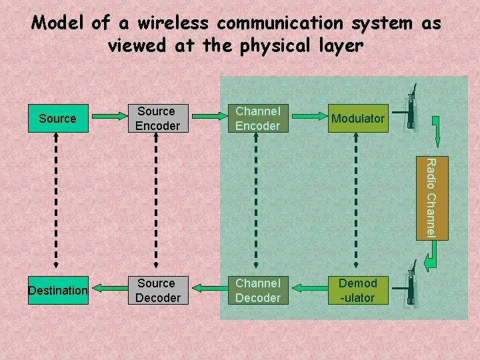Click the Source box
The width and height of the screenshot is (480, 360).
[x=57, y=119]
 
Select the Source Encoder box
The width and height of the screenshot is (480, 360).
[x=157, y=119]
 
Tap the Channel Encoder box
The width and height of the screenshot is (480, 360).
[x=257, y=119]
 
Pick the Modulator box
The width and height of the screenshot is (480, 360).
[x=357, y=119]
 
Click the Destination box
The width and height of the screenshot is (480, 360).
[x=58, y=291]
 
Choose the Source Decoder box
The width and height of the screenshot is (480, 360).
[x=157, y=291]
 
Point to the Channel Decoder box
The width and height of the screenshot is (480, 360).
[x=257, y=291]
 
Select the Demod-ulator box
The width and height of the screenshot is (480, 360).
[x=357, y=291]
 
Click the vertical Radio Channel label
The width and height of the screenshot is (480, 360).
[x=431, y=197]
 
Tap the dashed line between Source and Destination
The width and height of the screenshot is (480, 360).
[x=56, y=203]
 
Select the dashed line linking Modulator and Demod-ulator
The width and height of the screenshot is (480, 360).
[x=355, y=203]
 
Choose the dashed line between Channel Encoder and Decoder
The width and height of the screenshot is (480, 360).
[x=255, y=203]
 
